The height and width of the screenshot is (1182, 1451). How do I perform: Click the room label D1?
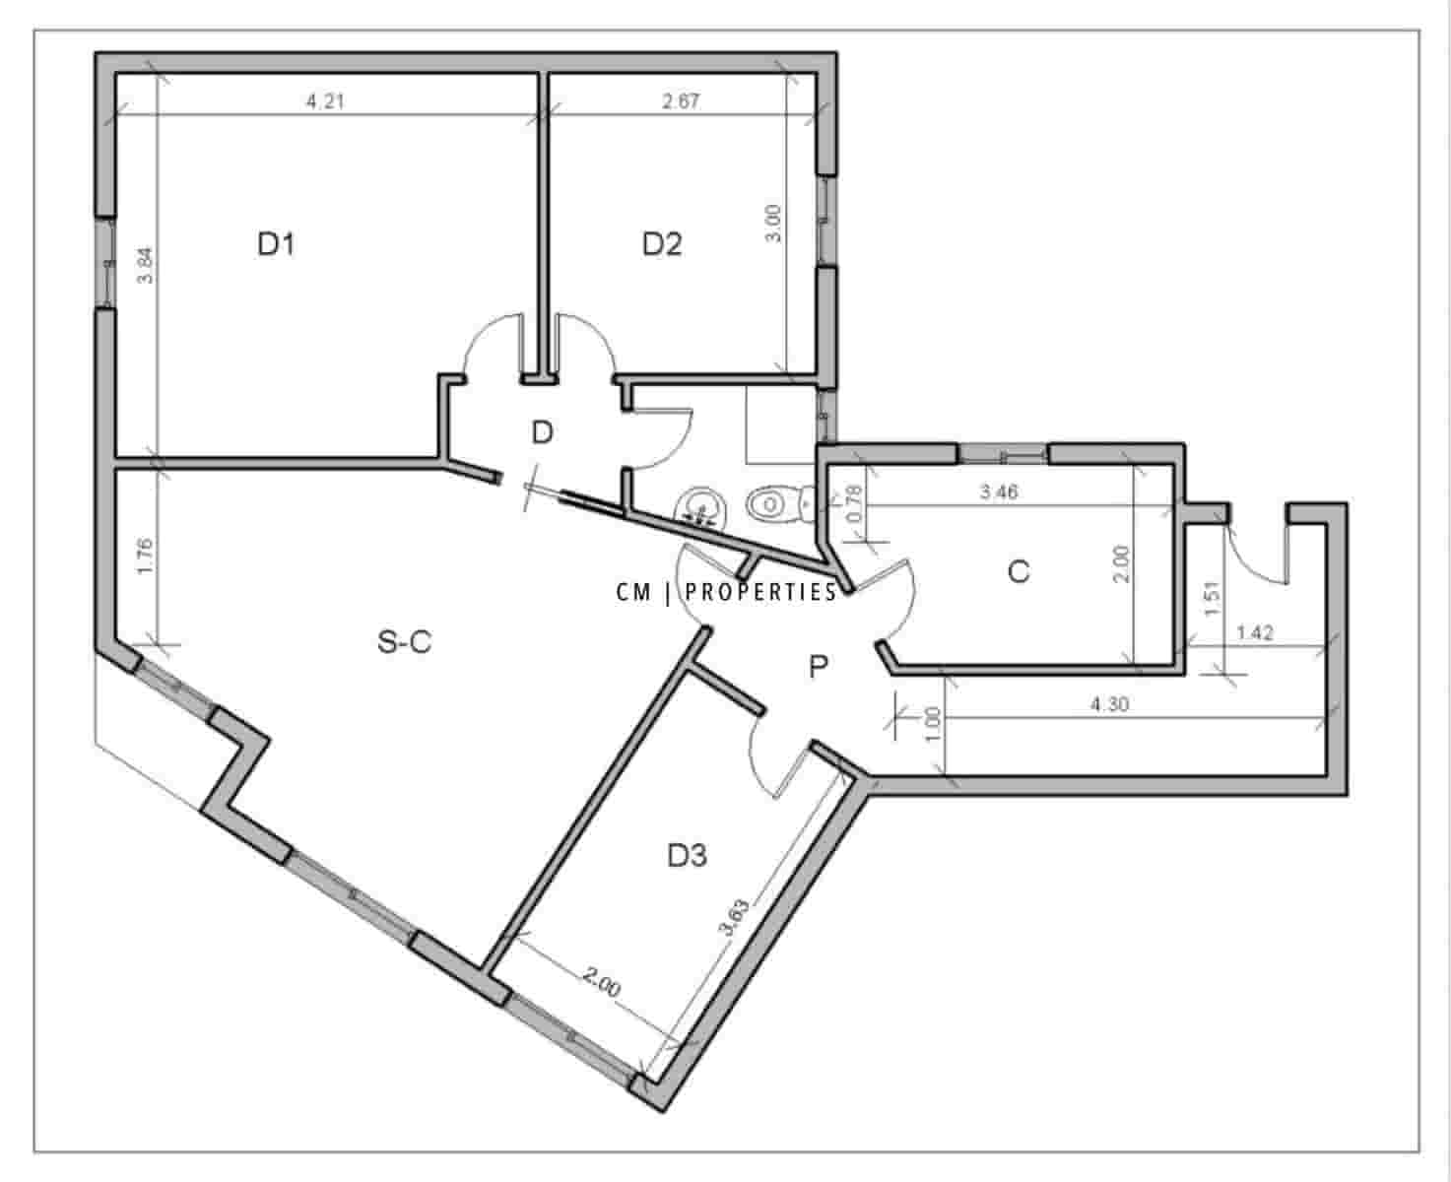pos(276,243)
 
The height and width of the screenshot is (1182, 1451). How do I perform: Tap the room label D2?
pos(661,243)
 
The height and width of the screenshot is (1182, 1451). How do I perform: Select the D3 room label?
pos(687,856)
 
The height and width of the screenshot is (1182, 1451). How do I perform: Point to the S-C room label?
pos(405,642)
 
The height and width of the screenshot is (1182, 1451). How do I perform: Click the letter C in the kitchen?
pos(1019,571)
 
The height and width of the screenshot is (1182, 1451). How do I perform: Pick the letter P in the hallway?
pos(818,668)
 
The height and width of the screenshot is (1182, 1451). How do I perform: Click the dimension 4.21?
pos(325,101)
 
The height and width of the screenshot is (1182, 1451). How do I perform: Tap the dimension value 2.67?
pos(682,101)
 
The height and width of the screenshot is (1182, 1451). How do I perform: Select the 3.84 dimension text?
pos(145,265)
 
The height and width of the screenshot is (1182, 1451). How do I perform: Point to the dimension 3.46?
pos(999,492)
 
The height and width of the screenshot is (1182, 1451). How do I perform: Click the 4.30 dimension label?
pos(1109,704)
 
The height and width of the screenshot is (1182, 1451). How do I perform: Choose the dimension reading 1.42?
pos(1254,633)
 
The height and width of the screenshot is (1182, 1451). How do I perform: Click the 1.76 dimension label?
pos(146,558)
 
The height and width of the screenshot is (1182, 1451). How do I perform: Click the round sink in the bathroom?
pos(698,506)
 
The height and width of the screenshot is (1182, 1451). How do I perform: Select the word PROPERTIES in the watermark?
pos(760,592)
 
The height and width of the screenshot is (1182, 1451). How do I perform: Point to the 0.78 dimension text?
pos(854,504)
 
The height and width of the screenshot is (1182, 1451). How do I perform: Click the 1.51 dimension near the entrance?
pos(1213,599)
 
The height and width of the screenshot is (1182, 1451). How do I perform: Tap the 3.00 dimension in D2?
pos(774,223)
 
